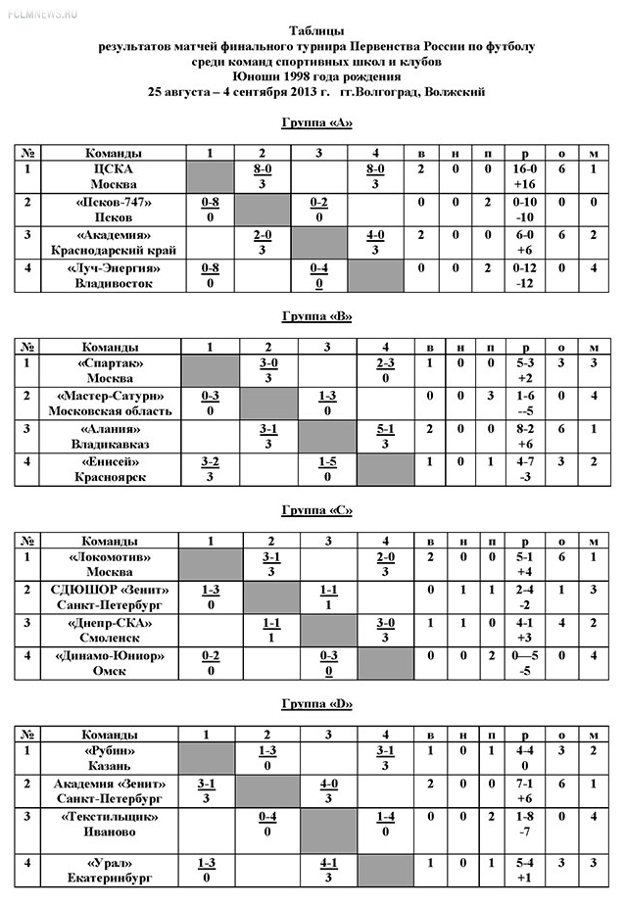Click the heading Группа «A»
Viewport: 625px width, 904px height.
pyautogui.click(x=314, y=122)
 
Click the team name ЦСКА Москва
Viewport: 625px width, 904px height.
pyautogui.click(x=113, y=177)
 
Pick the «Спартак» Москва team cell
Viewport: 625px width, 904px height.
pyautogui.click(x=111, y=370)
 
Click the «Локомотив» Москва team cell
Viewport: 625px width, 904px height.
pyautogui.click(x=111, y=564)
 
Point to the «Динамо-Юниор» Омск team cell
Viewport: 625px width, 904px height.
pyautogui.click(x=111, y=662)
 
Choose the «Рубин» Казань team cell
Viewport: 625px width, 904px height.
pyautogui.click(x=111, y=758)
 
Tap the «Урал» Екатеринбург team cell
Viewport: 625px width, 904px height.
pyautogui.click(x=111, y=870)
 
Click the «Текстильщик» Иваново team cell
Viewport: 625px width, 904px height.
pyautogui.click(x=111, y=824)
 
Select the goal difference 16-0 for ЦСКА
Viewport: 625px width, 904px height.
pyautogui.click(x=525, y=169)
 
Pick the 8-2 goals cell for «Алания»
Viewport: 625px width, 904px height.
pyautogui.click(x=525, y=428)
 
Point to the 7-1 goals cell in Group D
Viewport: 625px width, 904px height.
pyautogui.click(x=525, y=784)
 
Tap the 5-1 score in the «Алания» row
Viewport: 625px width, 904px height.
pyautogui.click(x=385, y=428)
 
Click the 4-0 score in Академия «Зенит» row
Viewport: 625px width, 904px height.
pyautogui.click(x=329, y=784)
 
